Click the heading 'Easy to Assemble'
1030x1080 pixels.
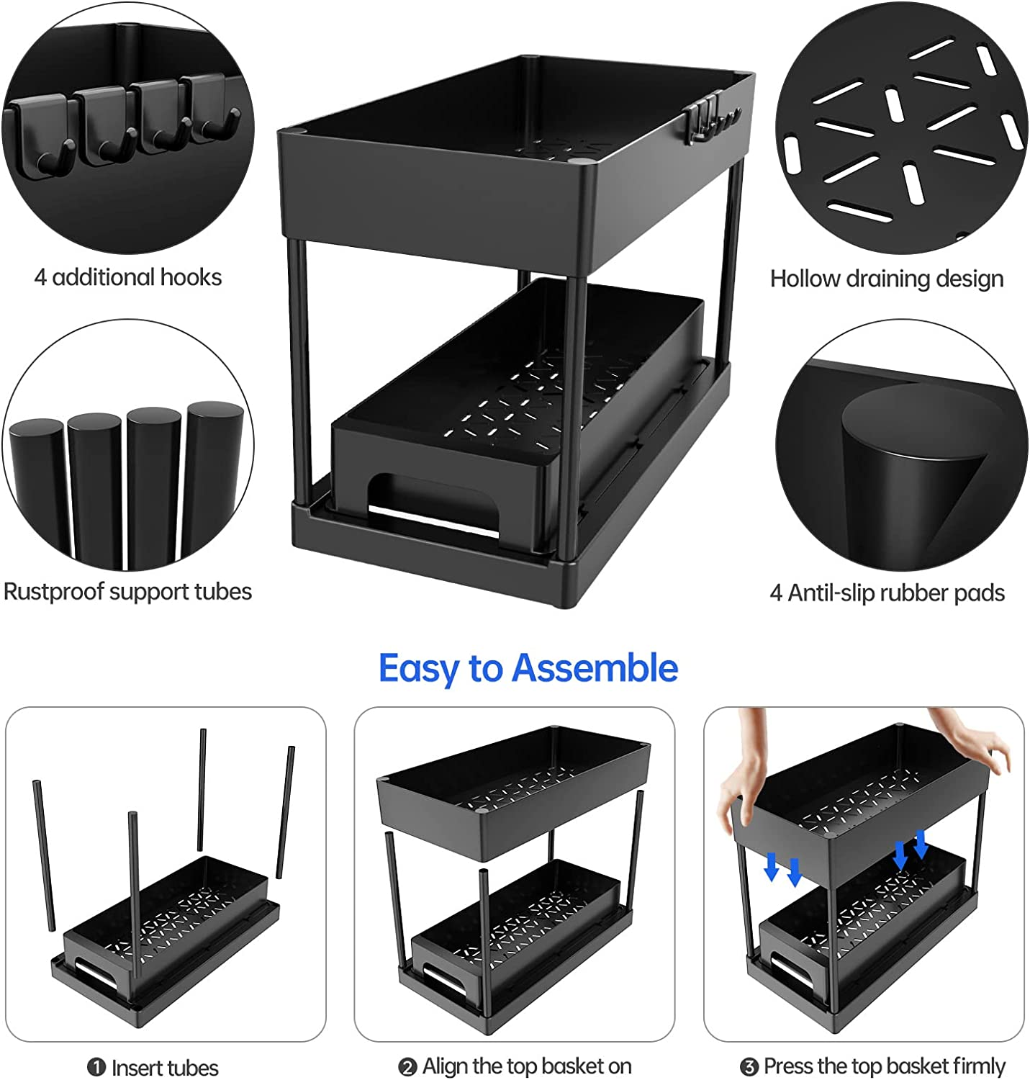pos(528,669)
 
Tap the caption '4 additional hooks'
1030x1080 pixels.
pos(128,277)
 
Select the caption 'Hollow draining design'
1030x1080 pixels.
pos(887,279)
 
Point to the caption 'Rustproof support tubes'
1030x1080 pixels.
pos(127,592)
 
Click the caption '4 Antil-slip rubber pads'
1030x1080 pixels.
pos(887,593)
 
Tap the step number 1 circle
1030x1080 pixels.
pos(96,1067)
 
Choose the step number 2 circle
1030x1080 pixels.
pos(407,1067)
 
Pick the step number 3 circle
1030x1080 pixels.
pos(749,1067)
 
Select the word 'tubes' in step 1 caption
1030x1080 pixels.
pos(191,1068)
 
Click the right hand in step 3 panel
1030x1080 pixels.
pos(972,736)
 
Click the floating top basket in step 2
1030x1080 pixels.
pos(514,791)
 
